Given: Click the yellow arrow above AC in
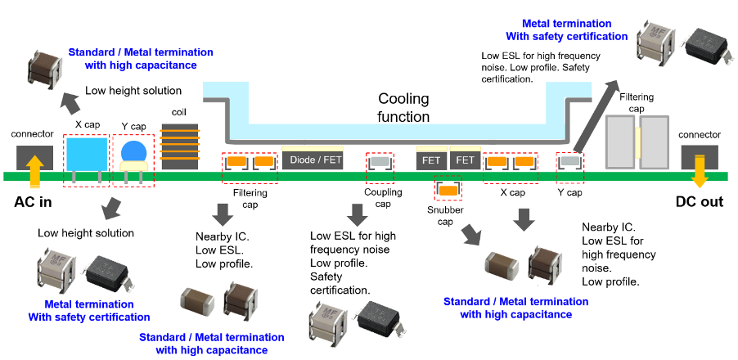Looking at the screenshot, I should [34, 171].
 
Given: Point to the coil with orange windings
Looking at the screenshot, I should [180, 146].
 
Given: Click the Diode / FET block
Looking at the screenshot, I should [316, 160].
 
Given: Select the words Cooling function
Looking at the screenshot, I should [403, 108].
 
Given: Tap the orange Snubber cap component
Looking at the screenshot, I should [448, 191].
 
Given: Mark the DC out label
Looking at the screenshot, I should [699, 202].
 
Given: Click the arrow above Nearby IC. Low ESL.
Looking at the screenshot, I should [221, 214].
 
